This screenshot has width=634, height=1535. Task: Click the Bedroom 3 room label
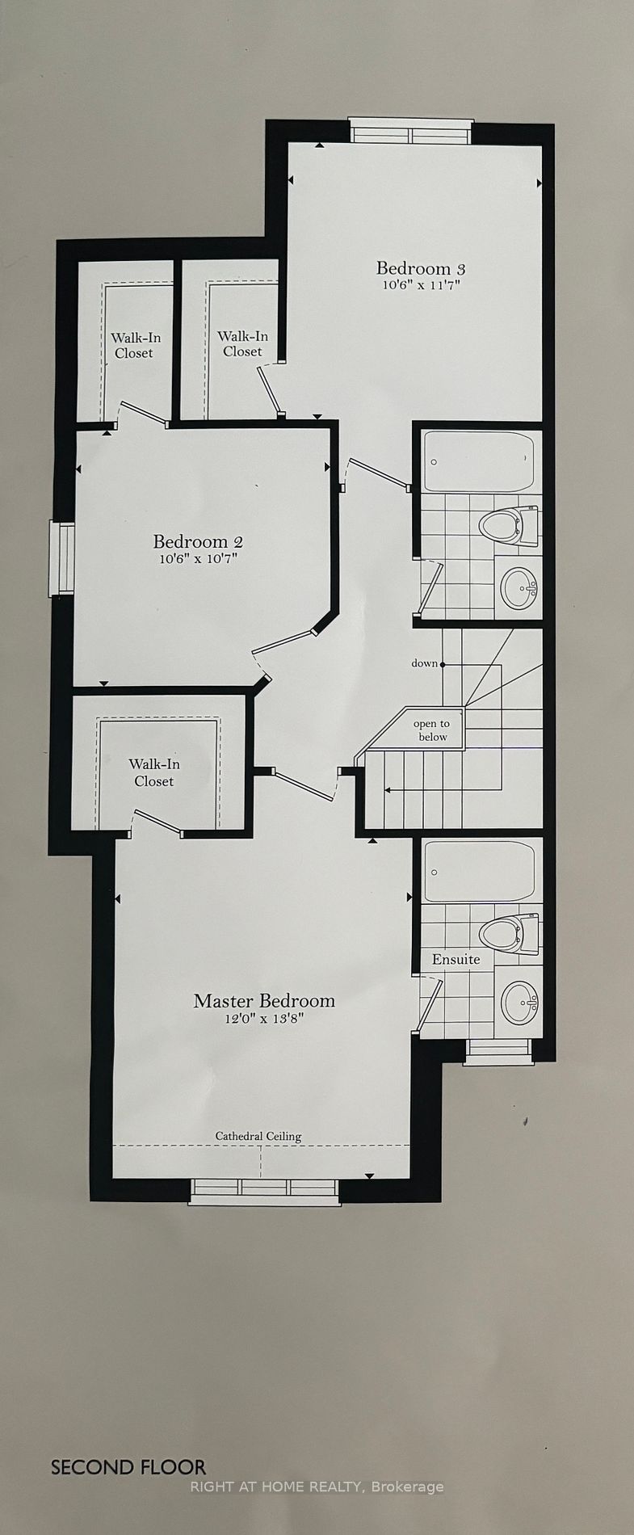(x=421, y=268)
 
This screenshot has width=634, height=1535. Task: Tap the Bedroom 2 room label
(x=198, y=541)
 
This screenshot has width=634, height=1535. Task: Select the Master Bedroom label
(x=264, y=1001)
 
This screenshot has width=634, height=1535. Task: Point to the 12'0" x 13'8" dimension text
(x=264, y=1019)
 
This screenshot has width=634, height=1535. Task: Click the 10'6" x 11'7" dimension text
(x=421, y=285)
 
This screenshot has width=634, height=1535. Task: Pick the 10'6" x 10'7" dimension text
(x=198, y=558)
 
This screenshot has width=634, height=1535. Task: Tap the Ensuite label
(x=456, y=959)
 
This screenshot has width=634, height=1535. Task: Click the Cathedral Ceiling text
(x=258, y=1136)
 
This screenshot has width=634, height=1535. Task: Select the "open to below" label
(x=432, y=730)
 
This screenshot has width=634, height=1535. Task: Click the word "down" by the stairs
(x=424, y=663)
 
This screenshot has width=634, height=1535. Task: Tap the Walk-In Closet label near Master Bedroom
(x=154, y=772)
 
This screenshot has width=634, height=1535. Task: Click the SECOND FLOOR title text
(x=128, y=1467)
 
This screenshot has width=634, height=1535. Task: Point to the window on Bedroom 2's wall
(x=62, y=558)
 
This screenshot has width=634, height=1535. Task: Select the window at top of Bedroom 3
(x=410, y=131)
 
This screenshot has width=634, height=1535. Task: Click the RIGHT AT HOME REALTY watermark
(x=317, y=1486)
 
